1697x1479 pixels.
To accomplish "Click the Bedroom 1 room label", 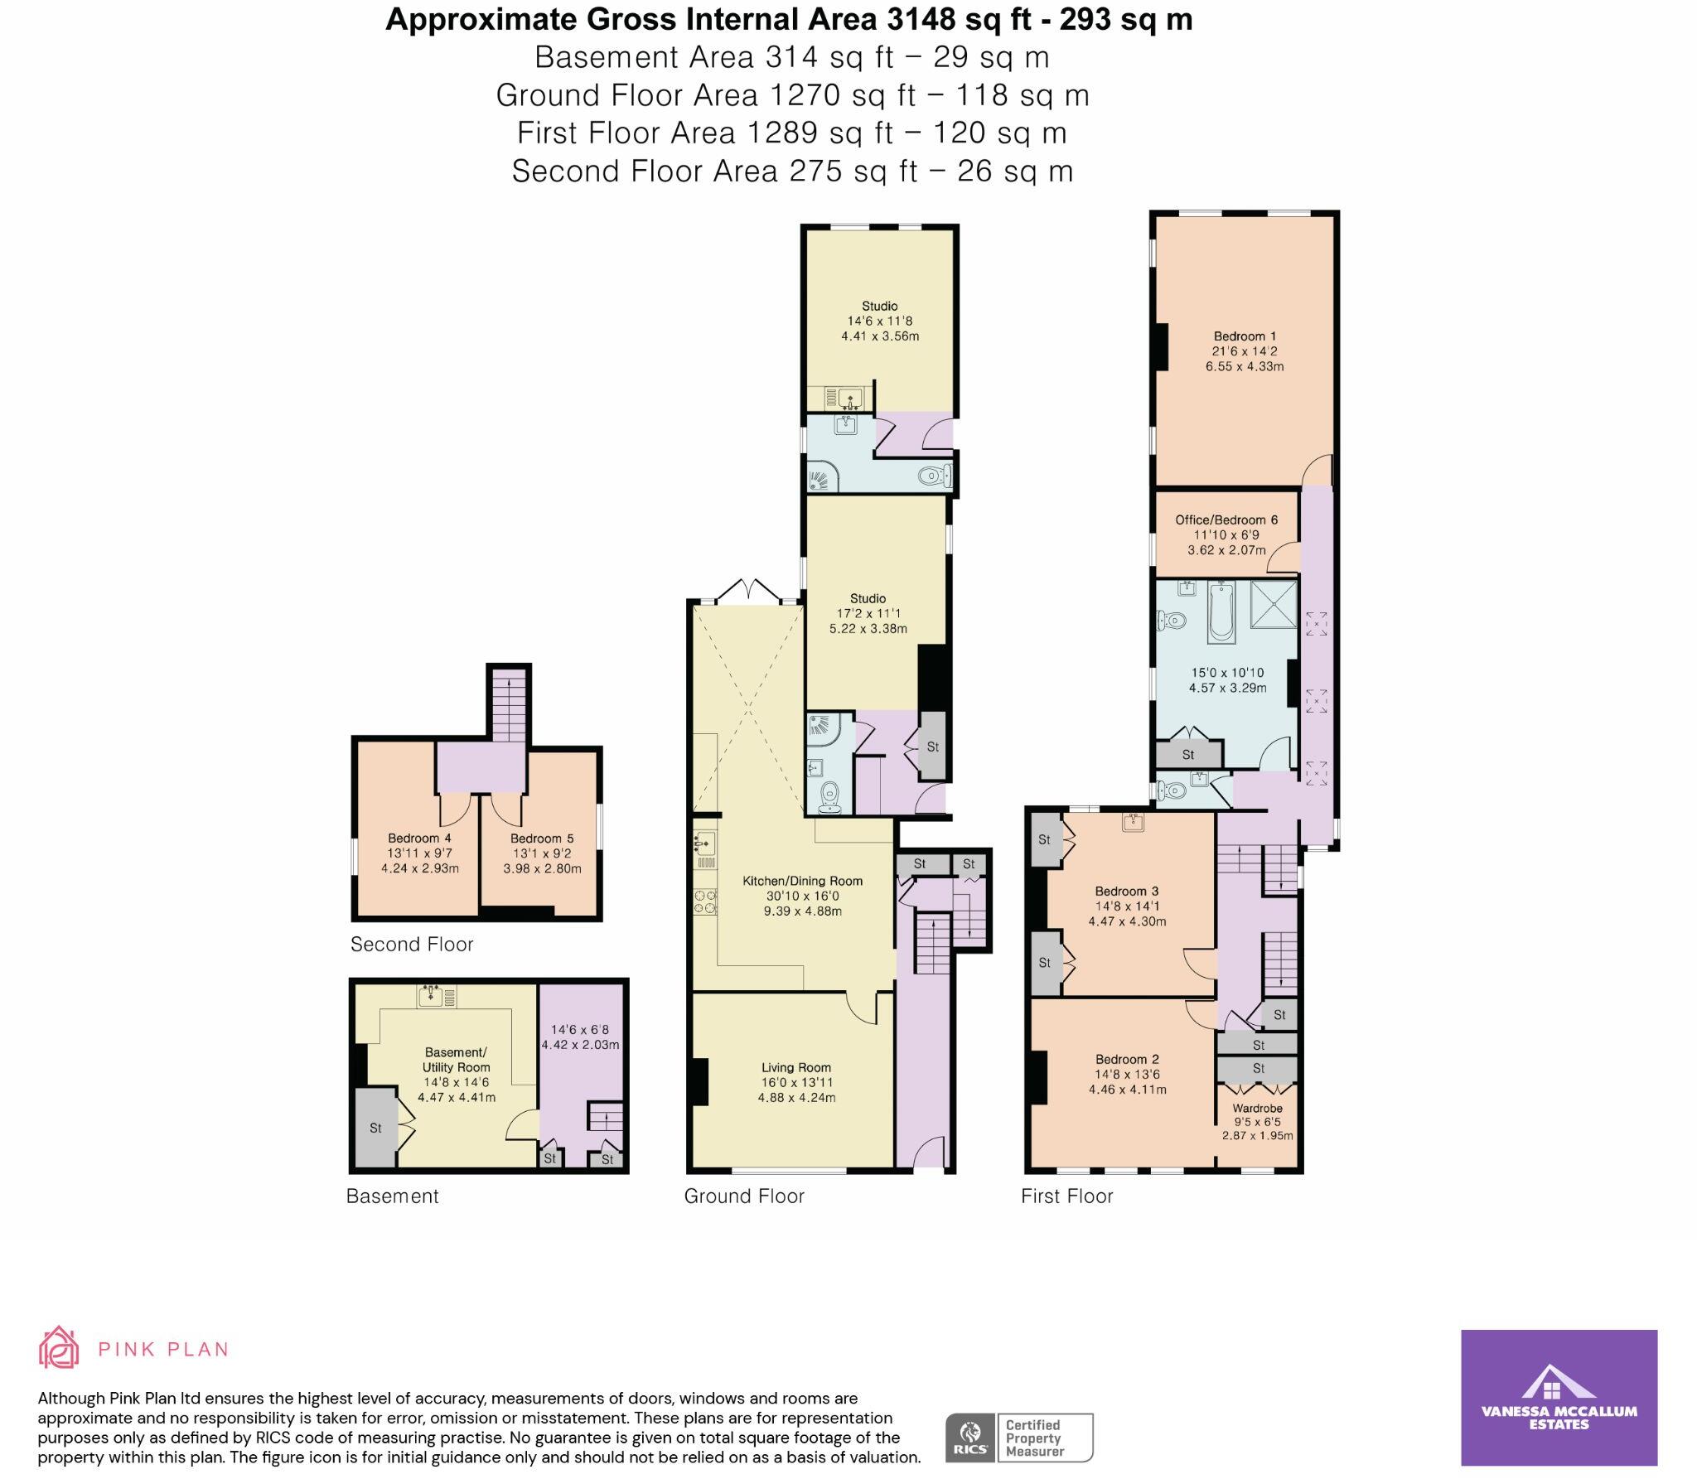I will pyautogui.click(x=1245, y=336).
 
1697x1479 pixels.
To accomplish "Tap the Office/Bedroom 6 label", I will pyautogui.click(x=1226, y=520).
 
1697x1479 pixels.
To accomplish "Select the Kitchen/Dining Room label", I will pyautogui.click(x=802, y=881).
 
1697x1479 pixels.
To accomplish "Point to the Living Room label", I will pyautogui.click(x=795, y=1067).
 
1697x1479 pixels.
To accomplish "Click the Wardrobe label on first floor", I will pyautogui.click(x=1257, y=1108).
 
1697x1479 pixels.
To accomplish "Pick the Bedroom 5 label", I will pyautogui.click(x=542, y=839).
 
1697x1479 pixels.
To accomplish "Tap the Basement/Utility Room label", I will pyautogui.click(x=457, y=1060).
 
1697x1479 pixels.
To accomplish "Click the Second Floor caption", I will pyautogui.click(x=411, y=944).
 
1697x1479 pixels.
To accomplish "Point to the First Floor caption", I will pyautogui.click(x=1066, y=1196).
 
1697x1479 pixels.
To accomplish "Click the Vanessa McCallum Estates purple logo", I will pyautogui.click(x=1559, y=1408).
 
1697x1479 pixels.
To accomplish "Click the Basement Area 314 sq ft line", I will pyautogui.click(x=791, y=57).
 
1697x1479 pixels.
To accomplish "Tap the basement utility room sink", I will pyautogui.click(x=436, y=996).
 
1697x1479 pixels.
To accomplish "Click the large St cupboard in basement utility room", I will pyautogui.click(x=375, y=1127).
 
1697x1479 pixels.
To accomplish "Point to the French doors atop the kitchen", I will pyautogui.click(x=748, y=590).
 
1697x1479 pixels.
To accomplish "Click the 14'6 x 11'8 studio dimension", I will pyautogui.click(x=879, y=321).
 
